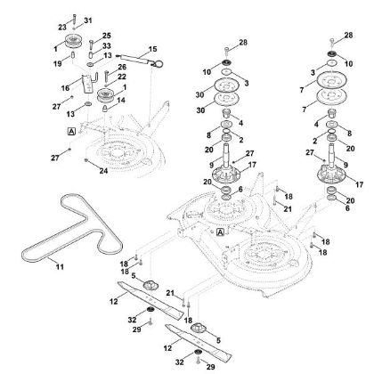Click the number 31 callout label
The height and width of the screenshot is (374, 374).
point(87,20)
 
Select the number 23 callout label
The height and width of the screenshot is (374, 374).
point(63,28)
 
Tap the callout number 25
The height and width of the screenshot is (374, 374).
point(107,36)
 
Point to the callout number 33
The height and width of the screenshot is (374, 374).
point(107,46)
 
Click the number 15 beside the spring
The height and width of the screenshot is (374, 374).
point(152,48)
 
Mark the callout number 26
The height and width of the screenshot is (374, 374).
point(122,67)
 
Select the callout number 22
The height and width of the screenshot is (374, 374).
point(122,76)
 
